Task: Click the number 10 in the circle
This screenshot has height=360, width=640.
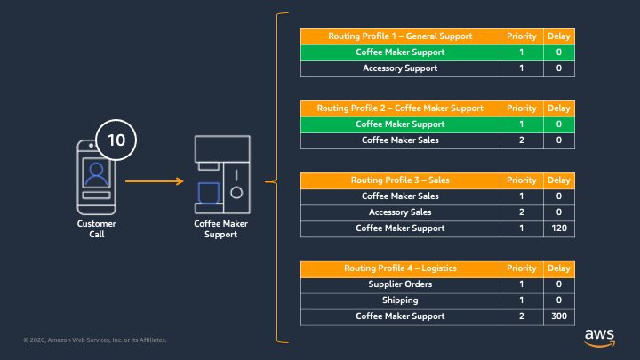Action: [116, 140]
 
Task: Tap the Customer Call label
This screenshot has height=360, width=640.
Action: [97, 229]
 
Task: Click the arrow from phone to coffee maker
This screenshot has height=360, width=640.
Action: [155, 181]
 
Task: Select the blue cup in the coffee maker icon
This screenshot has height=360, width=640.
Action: [209, 193]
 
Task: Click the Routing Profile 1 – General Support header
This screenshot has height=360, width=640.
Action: [400, 36]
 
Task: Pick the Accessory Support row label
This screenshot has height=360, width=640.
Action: [400, 68]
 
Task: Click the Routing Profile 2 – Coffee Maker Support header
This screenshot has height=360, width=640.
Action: [400, 108]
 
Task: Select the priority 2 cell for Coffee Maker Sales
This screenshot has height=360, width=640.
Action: [521, 140]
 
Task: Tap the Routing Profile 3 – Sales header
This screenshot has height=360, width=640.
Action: [400, 180]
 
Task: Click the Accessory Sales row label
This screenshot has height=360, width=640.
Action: [400, 212]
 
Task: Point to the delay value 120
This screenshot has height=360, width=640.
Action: [559, 228]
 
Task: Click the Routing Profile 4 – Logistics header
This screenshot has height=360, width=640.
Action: [400, 268]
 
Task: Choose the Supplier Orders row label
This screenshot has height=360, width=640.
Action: [400, 284]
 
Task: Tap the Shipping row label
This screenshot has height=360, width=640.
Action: [400, 300]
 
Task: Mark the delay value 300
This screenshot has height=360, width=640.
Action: [559, 316]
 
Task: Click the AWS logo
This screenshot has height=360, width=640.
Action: [599, 338]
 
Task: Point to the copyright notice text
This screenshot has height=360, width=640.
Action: [95, 340]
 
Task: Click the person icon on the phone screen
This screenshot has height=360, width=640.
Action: [96, 173]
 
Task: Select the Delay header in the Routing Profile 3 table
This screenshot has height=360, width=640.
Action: [559, 180]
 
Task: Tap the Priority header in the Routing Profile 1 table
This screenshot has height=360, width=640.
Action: [521, 36]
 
